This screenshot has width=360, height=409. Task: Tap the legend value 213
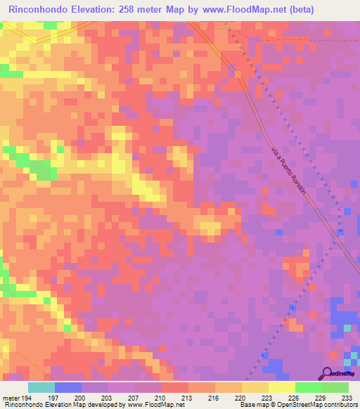coord(187,397)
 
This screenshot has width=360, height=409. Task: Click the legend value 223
coord(267,397)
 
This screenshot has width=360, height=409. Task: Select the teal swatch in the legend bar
coord(41,387)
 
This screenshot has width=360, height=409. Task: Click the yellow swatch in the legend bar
coord(281,387)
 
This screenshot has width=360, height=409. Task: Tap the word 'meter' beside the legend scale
coord(9,397)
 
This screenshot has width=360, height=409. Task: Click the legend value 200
coord(80,397)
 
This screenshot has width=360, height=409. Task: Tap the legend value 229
coord(321,397)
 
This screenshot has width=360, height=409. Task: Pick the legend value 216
coord(214,397)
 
